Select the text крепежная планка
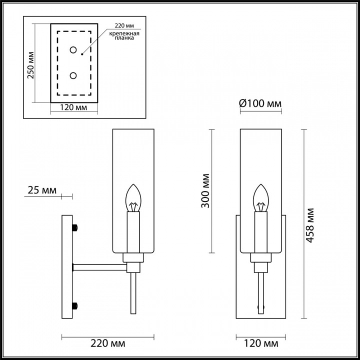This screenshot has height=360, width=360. pos(122,36)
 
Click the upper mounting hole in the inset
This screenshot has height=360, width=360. pos(73,49)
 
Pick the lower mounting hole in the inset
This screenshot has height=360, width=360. pos(73,75)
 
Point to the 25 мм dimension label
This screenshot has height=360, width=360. pos(41,190)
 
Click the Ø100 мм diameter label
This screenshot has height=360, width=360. pos(260,103)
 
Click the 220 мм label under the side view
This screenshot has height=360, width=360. pos(108,344)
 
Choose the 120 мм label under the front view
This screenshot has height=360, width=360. pos(260,344)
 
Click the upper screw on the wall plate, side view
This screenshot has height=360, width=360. pos(75,228)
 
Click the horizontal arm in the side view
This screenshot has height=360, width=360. pos(100,266)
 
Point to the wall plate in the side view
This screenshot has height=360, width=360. pos(67,265)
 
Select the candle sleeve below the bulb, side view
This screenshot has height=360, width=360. pos(132,232)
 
